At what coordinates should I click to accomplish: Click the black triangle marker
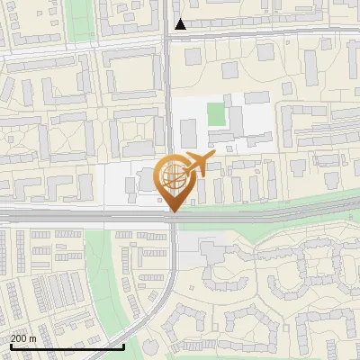181,24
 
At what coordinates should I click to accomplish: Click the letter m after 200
32,338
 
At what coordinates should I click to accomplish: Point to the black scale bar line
54,346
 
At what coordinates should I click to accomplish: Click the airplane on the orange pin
195,164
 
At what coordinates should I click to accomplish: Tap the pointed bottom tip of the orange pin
172,211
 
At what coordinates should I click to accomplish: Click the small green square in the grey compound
216,114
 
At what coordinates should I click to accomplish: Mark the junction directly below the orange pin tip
172,218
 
